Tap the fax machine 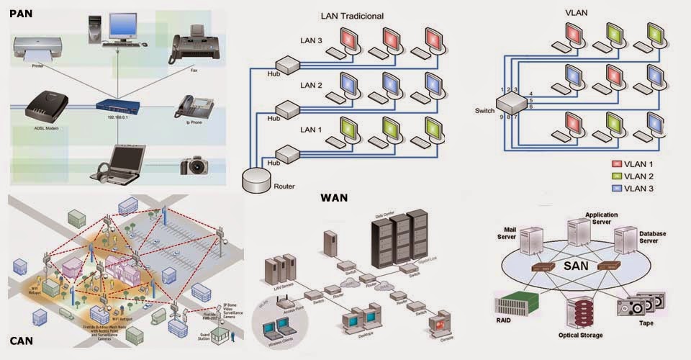tap(189, 45)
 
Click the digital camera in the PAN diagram tap(197, 166)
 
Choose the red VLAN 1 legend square tap(615, 163)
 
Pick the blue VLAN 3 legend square tap(615, 189)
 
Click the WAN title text tap(334, 197)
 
